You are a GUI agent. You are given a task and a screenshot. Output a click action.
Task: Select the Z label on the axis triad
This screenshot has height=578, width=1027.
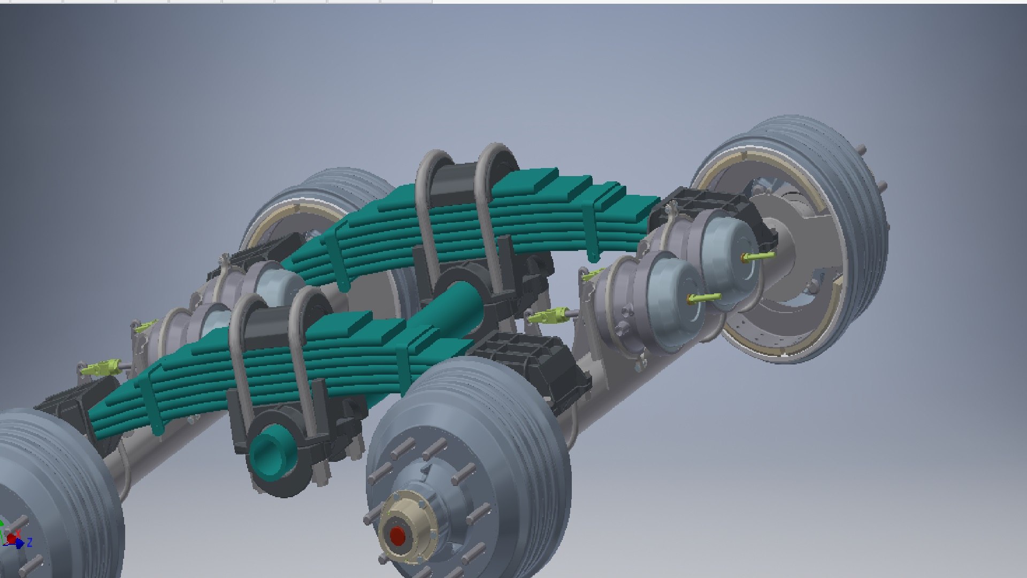[30, 542]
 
